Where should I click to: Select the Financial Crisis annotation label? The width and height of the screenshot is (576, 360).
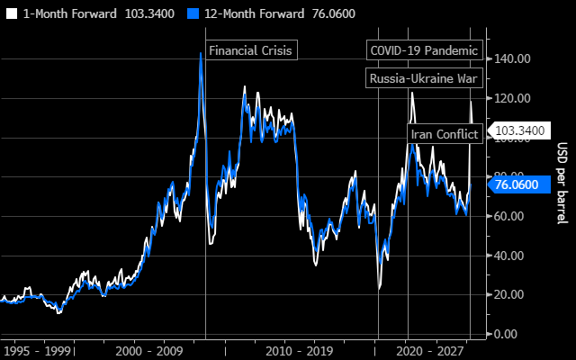coord(250,50)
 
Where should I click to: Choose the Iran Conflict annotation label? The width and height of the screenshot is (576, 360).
coord(445,134)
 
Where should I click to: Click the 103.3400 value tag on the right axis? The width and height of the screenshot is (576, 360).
coord(519,130)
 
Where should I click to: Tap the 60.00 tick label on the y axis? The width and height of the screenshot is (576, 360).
coord(512,216)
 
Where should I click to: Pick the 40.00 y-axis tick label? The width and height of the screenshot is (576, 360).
coord(512,256)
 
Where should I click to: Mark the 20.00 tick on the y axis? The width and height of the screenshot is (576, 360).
coord(512,294)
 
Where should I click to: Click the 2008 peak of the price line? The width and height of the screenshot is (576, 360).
coord(200,53)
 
